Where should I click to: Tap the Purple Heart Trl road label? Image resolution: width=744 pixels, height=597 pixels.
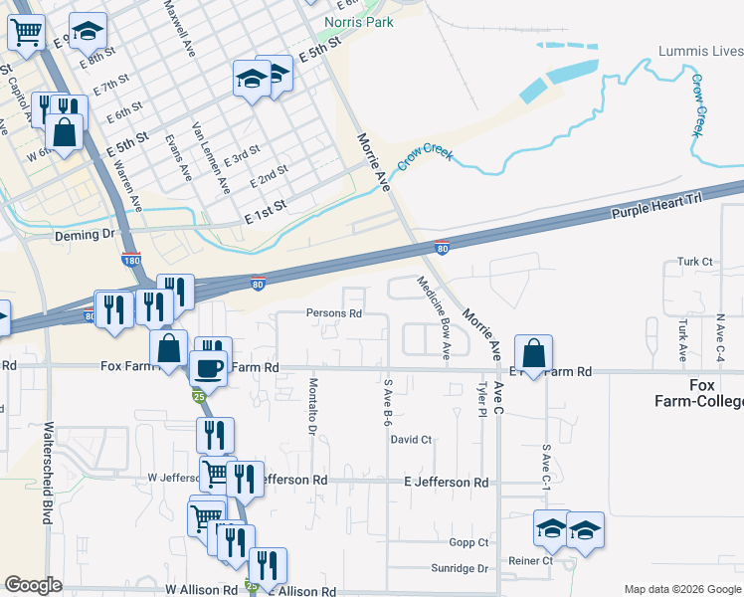point(656,206)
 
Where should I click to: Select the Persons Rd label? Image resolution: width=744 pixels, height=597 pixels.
point(333,312)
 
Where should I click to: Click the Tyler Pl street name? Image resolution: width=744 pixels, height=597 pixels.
point(481,401)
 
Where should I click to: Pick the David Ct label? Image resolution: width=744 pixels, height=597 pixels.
point(411,439)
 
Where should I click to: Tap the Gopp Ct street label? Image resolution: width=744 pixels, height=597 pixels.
point(468,542)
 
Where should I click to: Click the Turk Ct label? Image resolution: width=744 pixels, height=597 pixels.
point(695,262)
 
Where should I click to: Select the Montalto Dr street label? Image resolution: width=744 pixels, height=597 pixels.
point(311,406)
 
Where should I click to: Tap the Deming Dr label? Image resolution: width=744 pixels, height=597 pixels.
point(82,234)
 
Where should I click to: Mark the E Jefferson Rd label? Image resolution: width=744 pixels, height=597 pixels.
point(446,482)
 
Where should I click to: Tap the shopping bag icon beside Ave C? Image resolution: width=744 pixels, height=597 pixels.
point(534,354)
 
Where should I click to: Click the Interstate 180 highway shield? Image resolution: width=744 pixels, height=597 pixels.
point(131,260)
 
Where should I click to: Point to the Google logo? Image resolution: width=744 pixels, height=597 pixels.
point(33,585)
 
